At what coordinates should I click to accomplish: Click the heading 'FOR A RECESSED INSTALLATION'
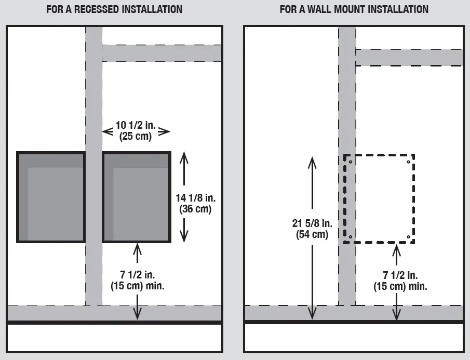tap(114, 9)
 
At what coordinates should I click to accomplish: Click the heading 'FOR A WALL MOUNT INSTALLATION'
tap(354, 9)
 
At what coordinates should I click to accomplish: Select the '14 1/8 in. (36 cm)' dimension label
tap(194, 203)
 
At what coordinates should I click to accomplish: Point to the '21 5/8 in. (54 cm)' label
tap(312, 229)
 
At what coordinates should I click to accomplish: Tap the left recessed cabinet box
tap(51, 197)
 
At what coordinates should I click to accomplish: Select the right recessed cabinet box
tap(137, 197)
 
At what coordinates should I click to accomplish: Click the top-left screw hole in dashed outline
tap(351, 162)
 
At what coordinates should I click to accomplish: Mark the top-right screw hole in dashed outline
tap(408, 162)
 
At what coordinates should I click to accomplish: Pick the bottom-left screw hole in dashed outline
tap(351, 237)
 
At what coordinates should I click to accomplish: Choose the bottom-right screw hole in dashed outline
tap(408, 237)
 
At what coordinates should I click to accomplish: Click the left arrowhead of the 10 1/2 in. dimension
tap(106, 132)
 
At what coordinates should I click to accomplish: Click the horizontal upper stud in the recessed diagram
tap(162, 53)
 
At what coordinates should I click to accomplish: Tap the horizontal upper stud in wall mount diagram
tap(409, 58)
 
